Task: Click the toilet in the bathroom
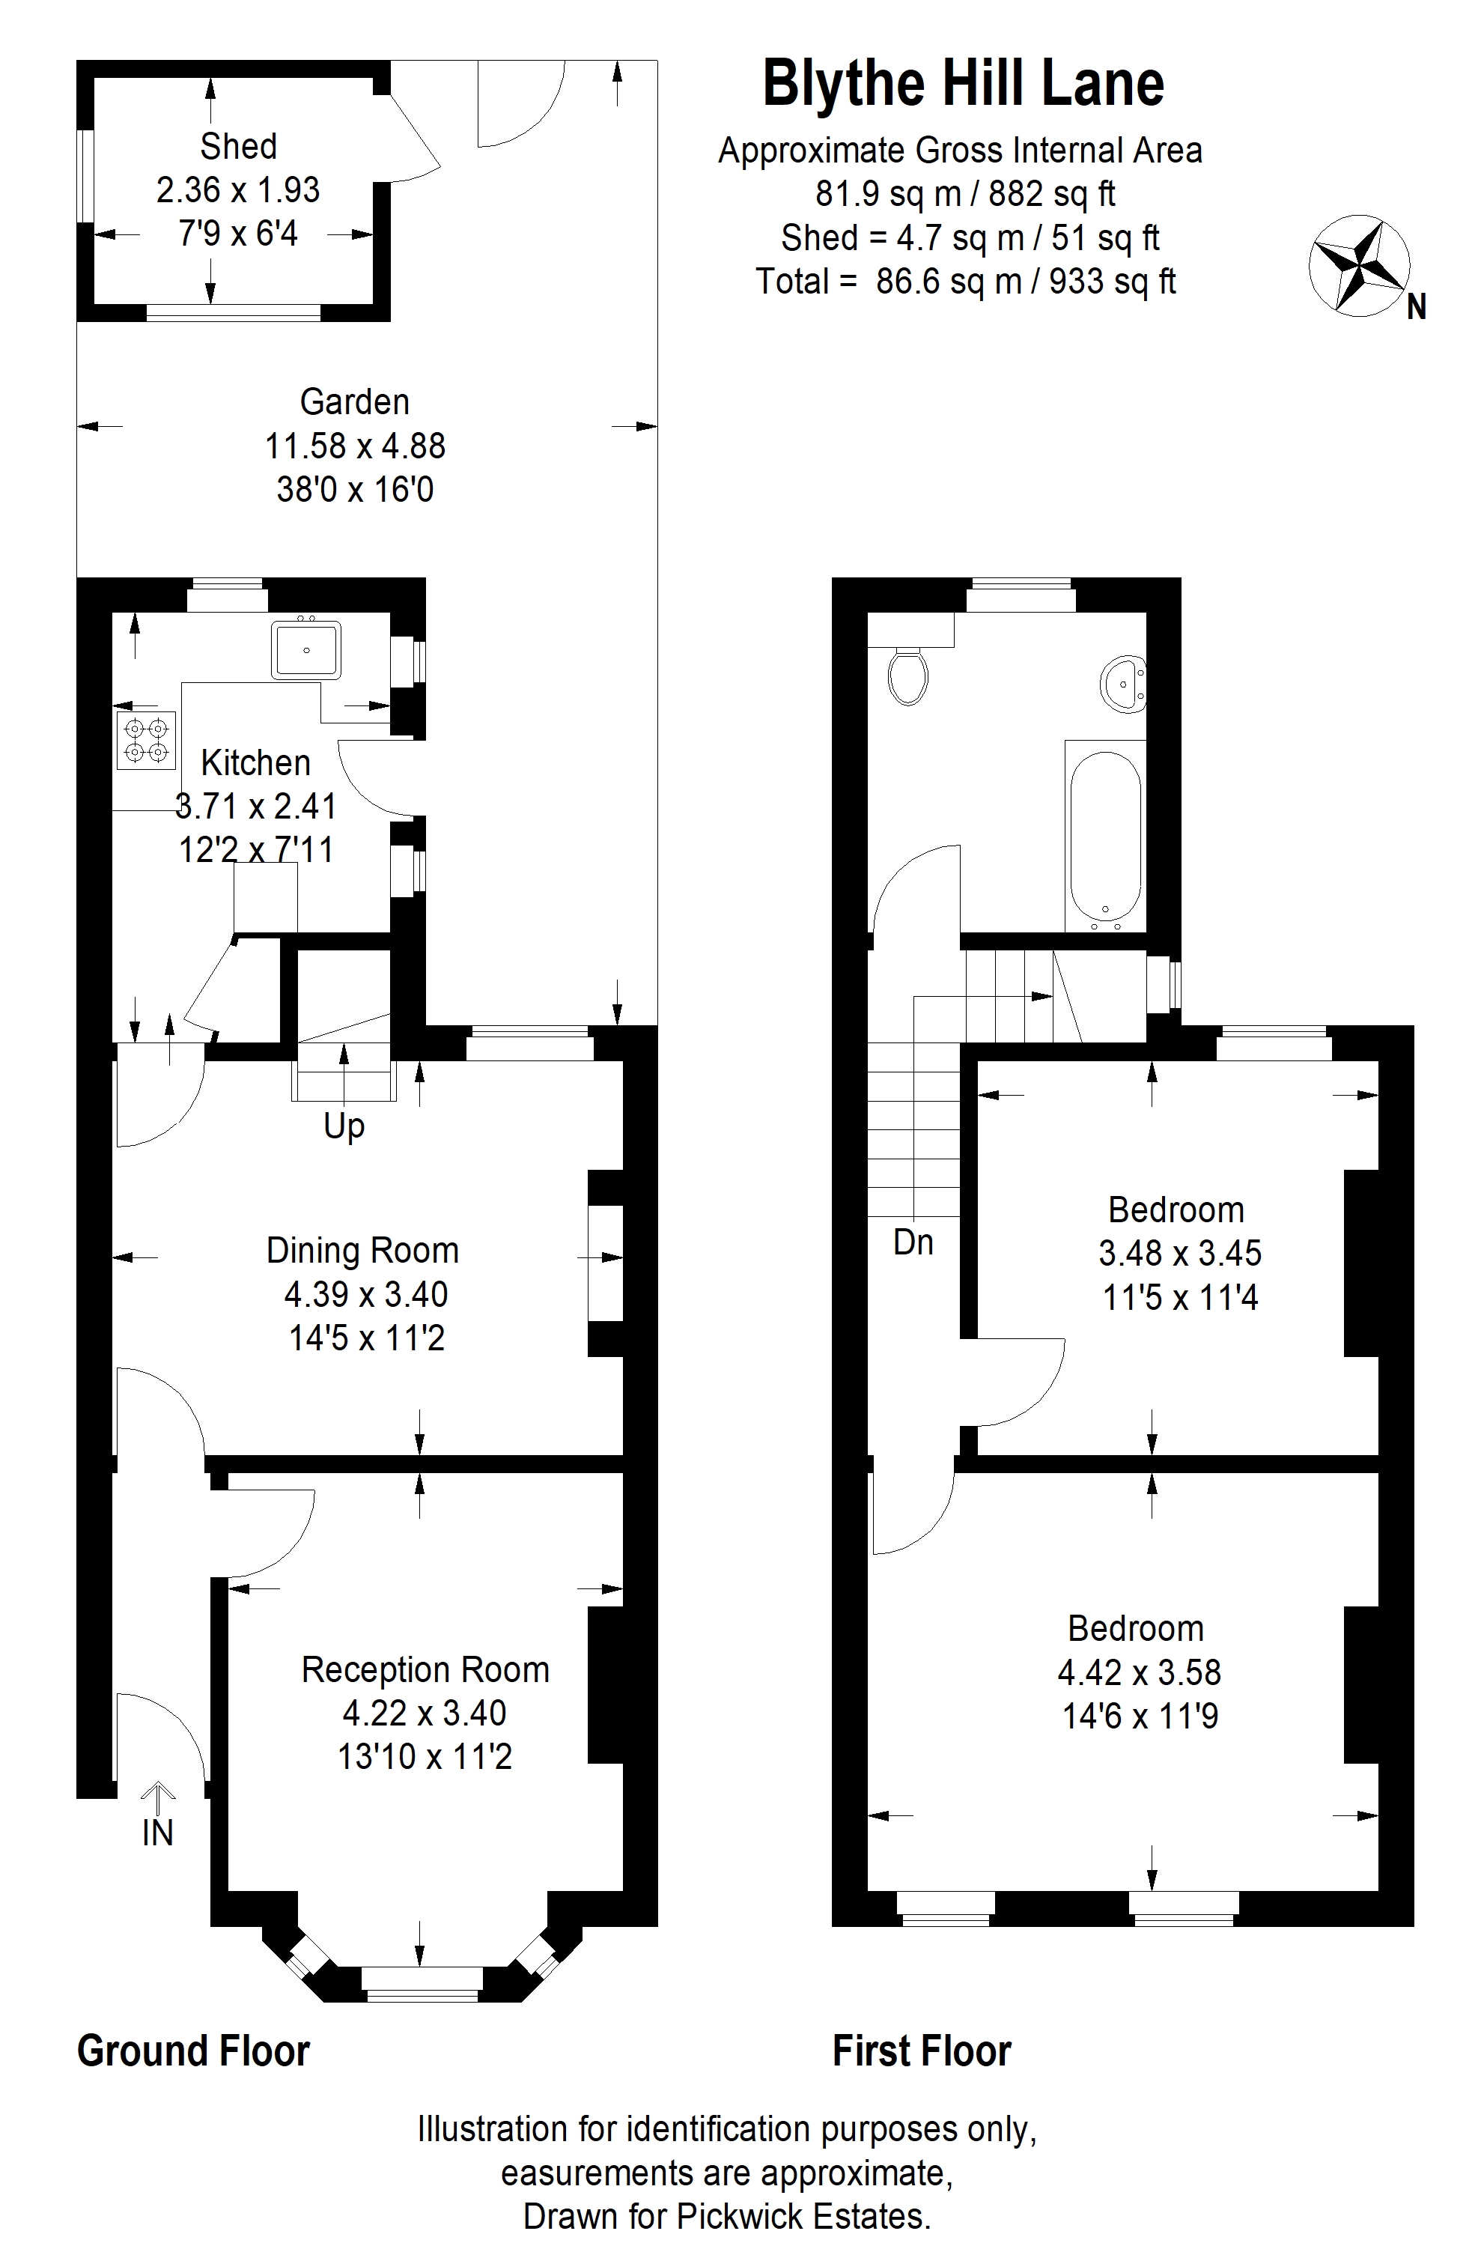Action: pyautogui.click(x=908, y=676)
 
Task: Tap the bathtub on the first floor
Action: pyautogui.click(x=1105, y=836)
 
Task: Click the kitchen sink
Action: pyautogui.click(x=305, y=650)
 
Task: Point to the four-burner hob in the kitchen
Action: pyautogui.click(x=147, y=739)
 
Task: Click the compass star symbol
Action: pyautogui.click(x=1359, y=265)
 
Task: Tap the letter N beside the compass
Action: pyautogui.click(x=1416, y=308)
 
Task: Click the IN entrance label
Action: pyautogui.click(x=158, y=1833)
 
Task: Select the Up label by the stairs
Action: pyautogui.click(x=344, y=1127)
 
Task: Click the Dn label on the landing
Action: pyautogui.click(x=913, y=1242)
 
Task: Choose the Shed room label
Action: pyautogui.click(x=239, y=147)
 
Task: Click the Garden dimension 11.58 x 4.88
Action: pyautogui.click(x=355, y=446)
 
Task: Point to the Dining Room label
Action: pyautogui.click(x=362, y=1250)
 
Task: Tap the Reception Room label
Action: pyautogui.click(x=425, y=1669)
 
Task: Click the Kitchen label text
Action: pyautogui.click(x=255, y=763)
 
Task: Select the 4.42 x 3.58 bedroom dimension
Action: pyautogui.click(x=1140, y=1672)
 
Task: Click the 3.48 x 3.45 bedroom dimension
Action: pyautogui.click(x=1180, y=1253)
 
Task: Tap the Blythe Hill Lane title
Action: pyautogui.click(x=963, y=83)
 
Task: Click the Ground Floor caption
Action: pyautogui.click(x=193, y=2051)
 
